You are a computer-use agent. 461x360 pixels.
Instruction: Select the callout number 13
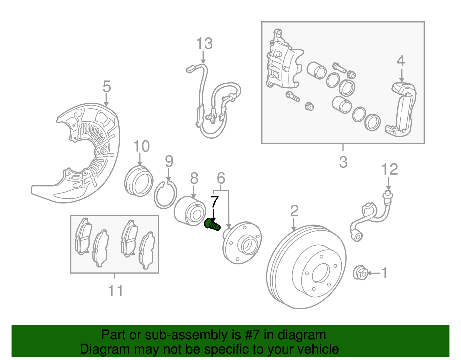pyautogui.click(x=204, y=44)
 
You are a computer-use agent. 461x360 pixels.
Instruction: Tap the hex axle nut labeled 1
pyautogui.click(x=360, y=272)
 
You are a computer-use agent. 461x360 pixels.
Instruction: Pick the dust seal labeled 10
pyautogui.click(x=139, y=182)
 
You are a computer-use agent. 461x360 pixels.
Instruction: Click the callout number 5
pyautogui.click(x=107, y=86)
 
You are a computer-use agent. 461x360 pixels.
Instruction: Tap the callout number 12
pyautogui.click(x=390, y=169)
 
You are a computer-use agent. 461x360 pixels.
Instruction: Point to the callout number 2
pyautogui.click(x=294, y=211)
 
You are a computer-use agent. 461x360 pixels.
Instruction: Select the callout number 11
pyautogui.click(x=116, y=291)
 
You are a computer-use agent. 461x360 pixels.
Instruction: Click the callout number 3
pyautogui.click(x=343, y=162)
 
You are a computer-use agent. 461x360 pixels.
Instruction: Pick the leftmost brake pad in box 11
pyautogui.click(x=83, y=236)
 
